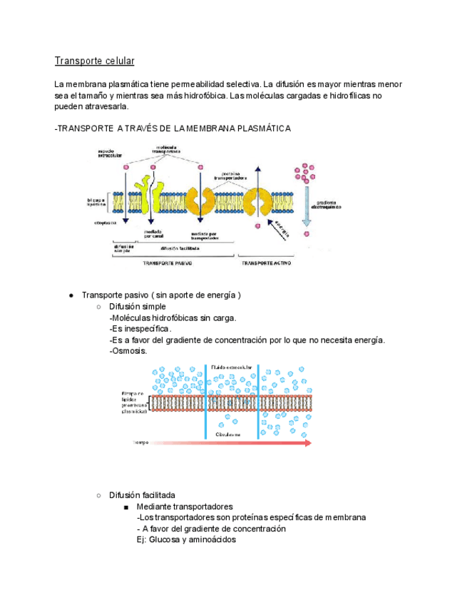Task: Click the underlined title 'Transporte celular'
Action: click(x=94, y=61)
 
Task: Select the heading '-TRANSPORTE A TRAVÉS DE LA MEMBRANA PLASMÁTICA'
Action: click(x=172, y=128)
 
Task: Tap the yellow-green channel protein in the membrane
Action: click(x=150, y=196)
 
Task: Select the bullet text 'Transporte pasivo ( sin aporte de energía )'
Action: click(x=161, y=295)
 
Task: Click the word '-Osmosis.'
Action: click(x=128, y=351)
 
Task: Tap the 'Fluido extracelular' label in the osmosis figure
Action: click(x=232, y=367)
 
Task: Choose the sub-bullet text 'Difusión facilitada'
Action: click(x=142, y=495)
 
